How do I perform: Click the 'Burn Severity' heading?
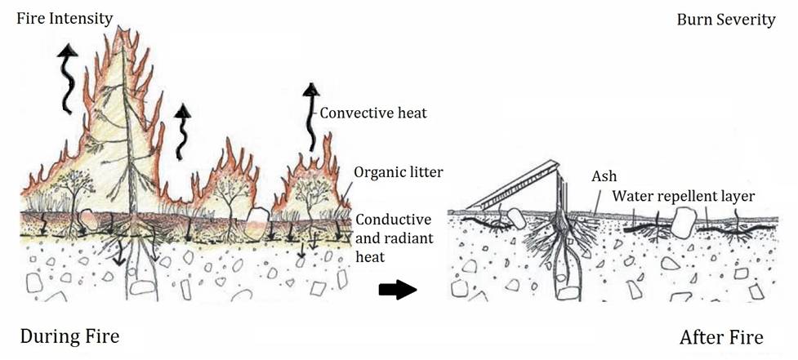pyautogui.click(x=725, y=20)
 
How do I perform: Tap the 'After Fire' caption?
pyautogui.click(x=721, y=336)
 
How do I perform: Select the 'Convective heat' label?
pyautogui.click(x=372, y=113)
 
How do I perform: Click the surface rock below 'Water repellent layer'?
pyautogui.click(x=684, y=220)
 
